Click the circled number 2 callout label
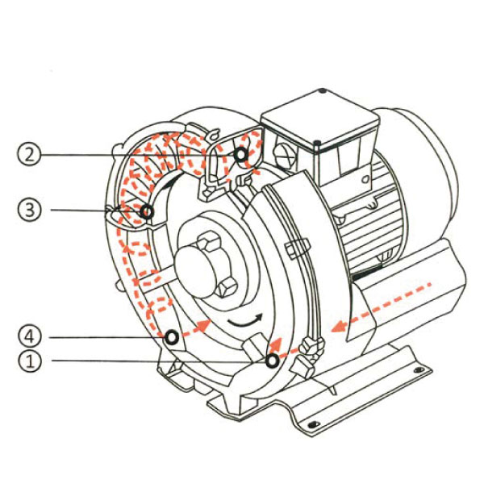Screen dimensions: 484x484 [29, 154]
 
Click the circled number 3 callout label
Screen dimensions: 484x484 [29, 210]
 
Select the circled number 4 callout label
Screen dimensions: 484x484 [29, 336]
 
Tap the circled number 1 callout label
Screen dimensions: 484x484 [29, 361]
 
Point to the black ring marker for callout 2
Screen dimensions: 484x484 [240, 154]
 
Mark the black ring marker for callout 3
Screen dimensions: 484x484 [147, 211]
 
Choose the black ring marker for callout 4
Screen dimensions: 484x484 [172, 337]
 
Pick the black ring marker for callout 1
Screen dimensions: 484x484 [273, 361]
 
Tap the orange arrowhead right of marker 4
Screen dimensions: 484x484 [203, 326]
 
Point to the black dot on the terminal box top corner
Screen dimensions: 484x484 [322, 90]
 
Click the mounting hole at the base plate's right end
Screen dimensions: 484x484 [419, 369]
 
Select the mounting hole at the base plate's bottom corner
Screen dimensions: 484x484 [313, 424]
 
